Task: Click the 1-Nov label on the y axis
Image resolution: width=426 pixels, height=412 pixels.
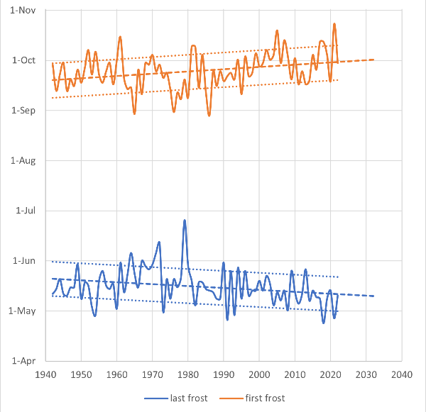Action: (23, 11)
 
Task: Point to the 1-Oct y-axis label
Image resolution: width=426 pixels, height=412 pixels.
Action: (24, 60)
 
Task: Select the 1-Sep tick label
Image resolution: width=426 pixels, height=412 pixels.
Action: (24, 111)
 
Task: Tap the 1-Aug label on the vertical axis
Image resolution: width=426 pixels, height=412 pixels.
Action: (23, 160)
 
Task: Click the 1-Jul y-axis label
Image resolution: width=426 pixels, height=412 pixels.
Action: (26, 211)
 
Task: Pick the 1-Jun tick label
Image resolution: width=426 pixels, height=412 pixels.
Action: (24, 261)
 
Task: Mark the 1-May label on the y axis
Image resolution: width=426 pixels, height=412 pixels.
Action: (23, 311)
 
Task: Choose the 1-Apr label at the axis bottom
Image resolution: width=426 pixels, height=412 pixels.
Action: (24, 361)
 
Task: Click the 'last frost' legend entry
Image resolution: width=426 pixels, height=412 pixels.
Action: (187, 398)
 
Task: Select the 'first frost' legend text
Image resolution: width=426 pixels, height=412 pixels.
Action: (263, 398)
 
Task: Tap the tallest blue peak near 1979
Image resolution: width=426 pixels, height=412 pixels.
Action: (185, 221)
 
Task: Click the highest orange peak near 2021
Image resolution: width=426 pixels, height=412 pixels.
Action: (334, 24)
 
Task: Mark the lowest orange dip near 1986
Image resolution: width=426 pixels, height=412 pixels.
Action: (209, 115)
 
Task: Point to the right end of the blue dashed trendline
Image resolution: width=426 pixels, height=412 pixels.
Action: (373, 296)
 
